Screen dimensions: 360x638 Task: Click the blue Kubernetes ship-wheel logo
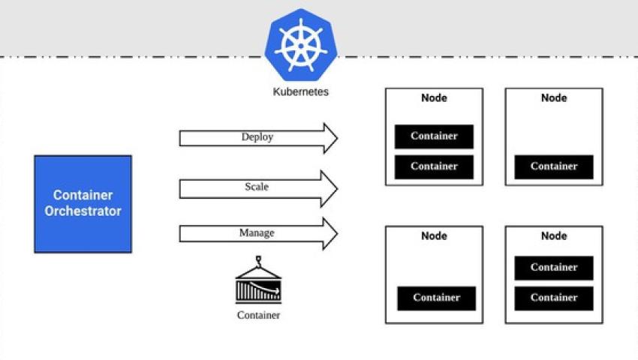click(300, 45)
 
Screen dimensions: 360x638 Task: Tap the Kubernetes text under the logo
click(300, 92)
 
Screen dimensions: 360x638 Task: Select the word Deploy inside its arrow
click(257, 137)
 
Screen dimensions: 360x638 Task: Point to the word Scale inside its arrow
click(257, 187)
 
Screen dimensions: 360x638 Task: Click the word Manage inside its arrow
click(257, 233)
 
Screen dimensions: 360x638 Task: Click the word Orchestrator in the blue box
click(83, 211)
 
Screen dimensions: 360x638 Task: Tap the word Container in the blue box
click(83, 196)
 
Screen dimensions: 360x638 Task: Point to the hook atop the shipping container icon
click(258, 262)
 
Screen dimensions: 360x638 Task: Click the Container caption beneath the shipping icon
click(258, 315)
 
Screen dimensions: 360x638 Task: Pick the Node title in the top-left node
click(434, 98)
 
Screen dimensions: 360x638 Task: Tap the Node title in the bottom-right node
click(554, 236)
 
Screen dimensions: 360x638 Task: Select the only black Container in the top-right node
click(554, 166)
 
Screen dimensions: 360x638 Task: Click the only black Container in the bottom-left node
click(436, 298)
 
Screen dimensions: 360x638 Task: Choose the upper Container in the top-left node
click(434, 136)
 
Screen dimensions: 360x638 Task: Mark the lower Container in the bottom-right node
click(554, 298)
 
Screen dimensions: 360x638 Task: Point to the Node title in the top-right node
click(554, 98)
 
